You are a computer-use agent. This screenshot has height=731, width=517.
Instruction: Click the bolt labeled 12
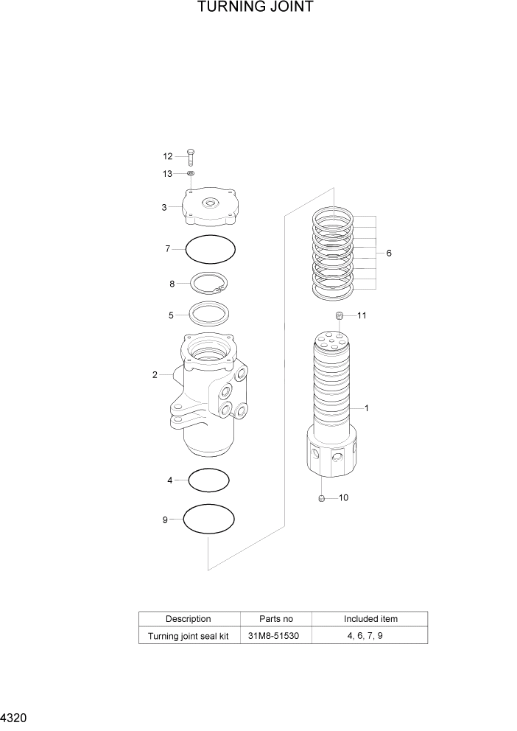(x=190, y=156)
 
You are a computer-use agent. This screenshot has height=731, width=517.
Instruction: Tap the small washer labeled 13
(x=190, y=173)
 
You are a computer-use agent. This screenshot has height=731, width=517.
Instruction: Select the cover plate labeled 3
(x=212, y=206)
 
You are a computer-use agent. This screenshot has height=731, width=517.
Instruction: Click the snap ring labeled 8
(x=210, y=284)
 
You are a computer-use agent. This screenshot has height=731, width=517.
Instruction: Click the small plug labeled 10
(x=322, y=498)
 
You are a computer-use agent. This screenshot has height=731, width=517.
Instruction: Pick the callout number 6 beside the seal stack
(x=388, y=253)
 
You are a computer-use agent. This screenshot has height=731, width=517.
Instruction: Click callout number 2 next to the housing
(x=155, y=374)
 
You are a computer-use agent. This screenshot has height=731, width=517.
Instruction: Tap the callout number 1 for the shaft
(x=367, y=408)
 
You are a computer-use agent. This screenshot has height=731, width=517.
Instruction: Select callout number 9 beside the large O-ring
(x=165, y=520)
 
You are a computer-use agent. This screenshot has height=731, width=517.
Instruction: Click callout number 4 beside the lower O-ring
(x=169, y=480)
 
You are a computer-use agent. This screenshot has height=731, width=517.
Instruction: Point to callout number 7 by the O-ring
(x=167, y=249)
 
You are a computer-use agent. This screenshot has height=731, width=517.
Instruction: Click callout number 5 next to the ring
(x=171, y=315)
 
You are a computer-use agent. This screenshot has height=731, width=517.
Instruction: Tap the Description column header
(x=189, y=619)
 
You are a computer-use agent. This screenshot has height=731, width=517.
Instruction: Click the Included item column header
(x=370, y=619)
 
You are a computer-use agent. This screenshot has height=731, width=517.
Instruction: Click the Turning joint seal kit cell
(x=189, y=636)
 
